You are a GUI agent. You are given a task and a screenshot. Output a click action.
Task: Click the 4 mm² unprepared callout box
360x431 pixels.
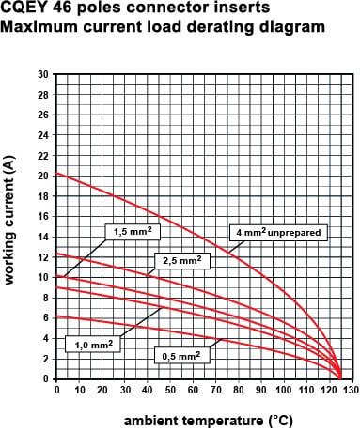pyautogui.click(x=278, y=233)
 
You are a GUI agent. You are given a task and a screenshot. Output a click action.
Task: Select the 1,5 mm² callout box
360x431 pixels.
pyautogui.click(x=133, y=232)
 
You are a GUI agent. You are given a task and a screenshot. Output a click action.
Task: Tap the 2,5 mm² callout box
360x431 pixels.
pyautogui.click(x=182, y=261)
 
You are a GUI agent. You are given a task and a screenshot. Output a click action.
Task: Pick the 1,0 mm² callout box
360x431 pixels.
pyautogui.click(x=93, y=345)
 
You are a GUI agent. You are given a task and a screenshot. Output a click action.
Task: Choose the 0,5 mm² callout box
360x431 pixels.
pyautogui.click(x=181, y=356)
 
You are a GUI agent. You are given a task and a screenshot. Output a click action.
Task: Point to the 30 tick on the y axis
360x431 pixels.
pyautogui.click(x=43, y=74)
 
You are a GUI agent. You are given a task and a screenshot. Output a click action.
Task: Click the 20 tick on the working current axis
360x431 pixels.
pyautogui.click(x=43, y=176)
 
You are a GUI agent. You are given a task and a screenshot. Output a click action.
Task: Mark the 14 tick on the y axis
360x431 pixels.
pyautogui.click(x=43, y=237)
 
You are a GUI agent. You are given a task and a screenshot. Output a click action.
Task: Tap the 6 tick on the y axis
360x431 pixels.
pyautogui.click(x=46, y=318)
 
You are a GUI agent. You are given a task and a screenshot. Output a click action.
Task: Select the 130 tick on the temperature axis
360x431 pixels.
pyautogui.click(x=352, y=390)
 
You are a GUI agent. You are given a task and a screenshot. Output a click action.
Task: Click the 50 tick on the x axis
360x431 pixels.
pyautogui.click(x=170, y=390)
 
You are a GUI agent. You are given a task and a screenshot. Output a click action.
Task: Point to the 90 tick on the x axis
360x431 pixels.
pyautogui.click(x=261, y=390)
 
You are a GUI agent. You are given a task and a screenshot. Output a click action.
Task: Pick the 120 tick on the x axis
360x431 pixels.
pyautogui.click(x=330, y=390)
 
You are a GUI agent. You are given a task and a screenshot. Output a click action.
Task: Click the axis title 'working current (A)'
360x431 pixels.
pyautogui.click(x=9, y=220)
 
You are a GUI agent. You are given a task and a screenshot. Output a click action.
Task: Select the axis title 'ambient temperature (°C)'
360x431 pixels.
pyautogui.click(x=209, y=421)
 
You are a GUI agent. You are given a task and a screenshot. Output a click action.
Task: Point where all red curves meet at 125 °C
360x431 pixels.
pyautogui.click(x=340, y=378)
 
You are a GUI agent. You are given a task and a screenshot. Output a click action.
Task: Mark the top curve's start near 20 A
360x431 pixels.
pyautogui.click(x=56, y=173)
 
